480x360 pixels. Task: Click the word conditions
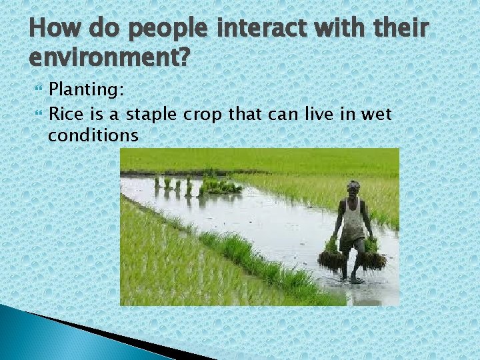(x=93, y=136)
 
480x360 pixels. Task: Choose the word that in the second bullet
(x=247, y=114)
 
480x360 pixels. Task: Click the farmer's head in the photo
(x=353, y=187)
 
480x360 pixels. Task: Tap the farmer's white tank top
(x=353, y=219)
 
